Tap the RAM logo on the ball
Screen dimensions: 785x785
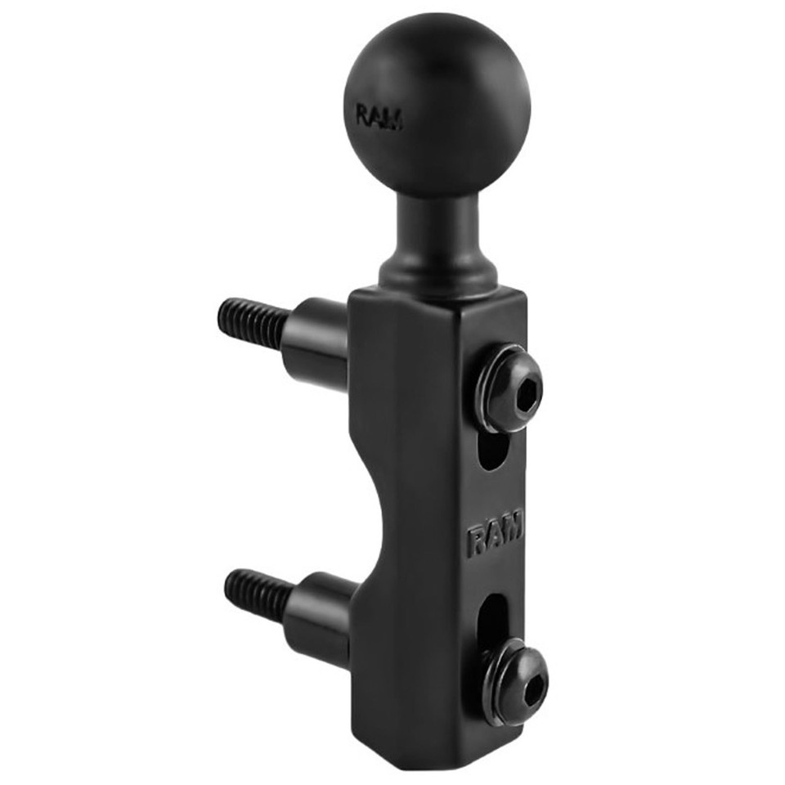pyautogui.click(x=379, y=117)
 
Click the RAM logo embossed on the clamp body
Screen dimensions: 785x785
pyautogui.click(x=496, y=534)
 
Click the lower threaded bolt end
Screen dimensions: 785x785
pyautogui.click(x=258, y=596)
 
